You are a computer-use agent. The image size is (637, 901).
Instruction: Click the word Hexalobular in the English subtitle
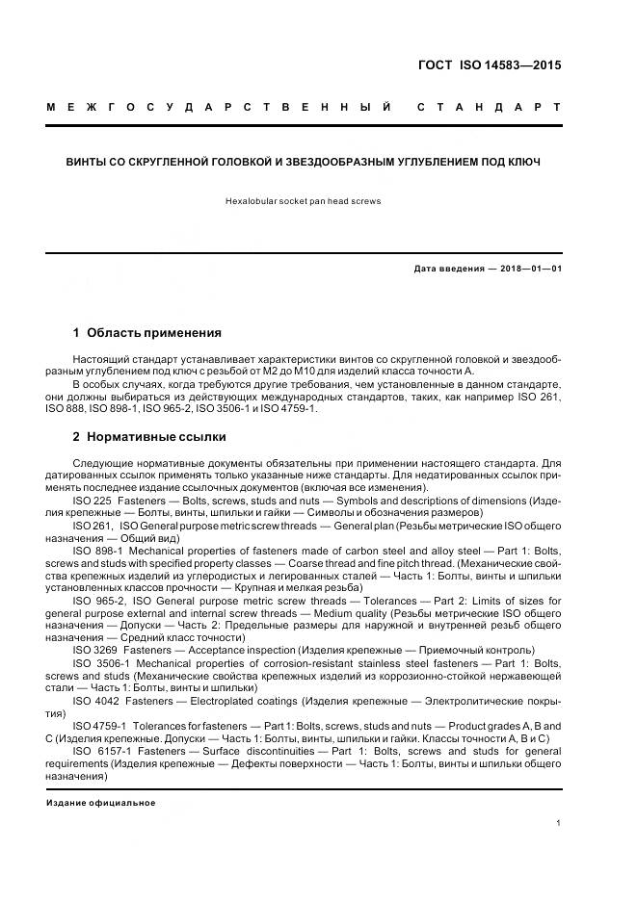tap(251, 201)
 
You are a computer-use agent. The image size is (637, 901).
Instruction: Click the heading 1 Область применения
tap(147, 333)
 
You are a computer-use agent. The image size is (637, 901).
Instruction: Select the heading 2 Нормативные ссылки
tap(149, 436)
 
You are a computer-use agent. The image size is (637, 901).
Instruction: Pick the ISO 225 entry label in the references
tap(92, 501)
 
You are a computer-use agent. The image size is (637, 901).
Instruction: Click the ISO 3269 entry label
tap(93, 650)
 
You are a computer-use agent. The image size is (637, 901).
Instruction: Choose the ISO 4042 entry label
tap(93, 700)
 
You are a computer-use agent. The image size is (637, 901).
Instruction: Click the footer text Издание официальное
tap(100, 802)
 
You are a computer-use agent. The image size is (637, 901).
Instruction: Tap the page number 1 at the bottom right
tap(559, 822)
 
